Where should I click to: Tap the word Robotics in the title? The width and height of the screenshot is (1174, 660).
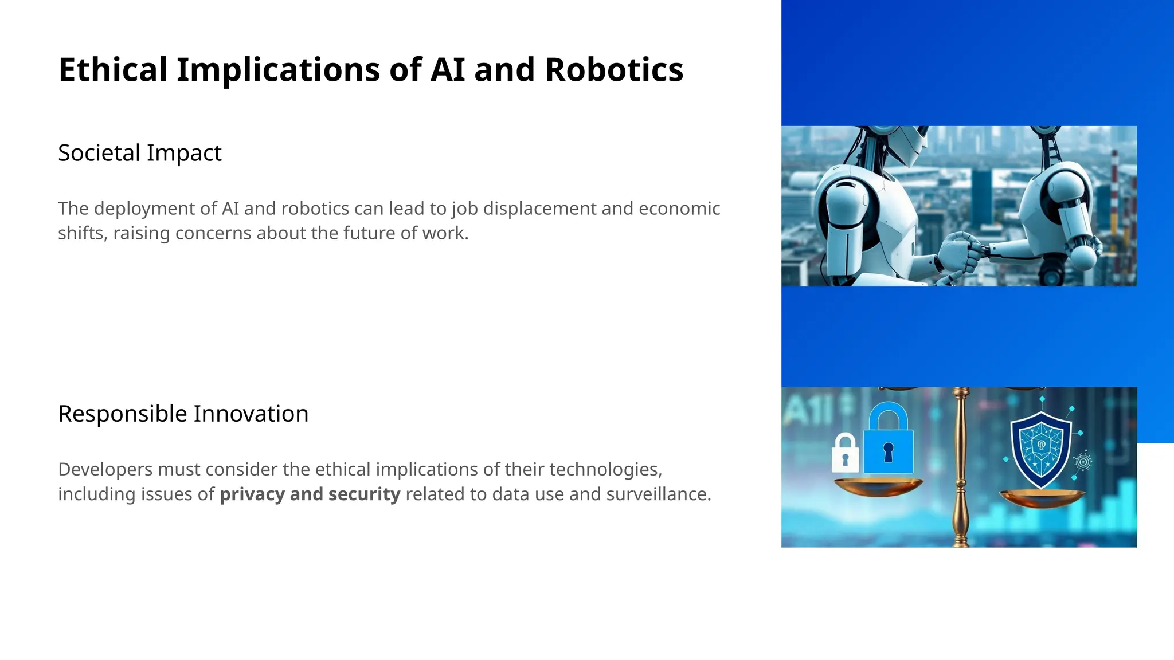pos(613,70)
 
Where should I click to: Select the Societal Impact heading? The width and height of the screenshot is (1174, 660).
pos(139,153)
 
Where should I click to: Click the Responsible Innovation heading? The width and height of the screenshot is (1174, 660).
pos(183,414)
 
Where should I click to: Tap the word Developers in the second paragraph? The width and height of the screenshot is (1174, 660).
pos(105,469)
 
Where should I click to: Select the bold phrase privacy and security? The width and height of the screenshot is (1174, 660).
pos(310,494)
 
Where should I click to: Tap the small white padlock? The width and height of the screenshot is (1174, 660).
pos(845,454)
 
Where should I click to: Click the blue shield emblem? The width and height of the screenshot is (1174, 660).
pos(1040,450)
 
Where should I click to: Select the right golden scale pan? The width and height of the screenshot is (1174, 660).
pos(1042,498)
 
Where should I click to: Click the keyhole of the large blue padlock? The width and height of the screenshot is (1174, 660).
pos(888,451)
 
